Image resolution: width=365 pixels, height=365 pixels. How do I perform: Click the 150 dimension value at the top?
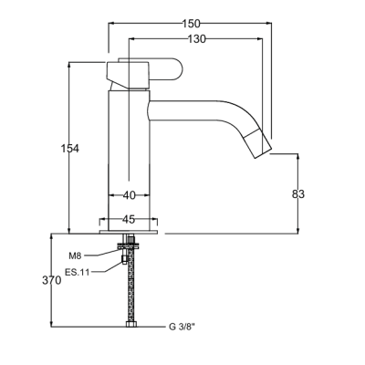192,24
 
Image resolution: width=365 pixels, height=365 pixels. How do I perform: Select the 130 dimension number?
196,39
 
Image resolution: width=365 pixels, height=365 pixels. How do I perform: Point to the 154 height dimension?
70,149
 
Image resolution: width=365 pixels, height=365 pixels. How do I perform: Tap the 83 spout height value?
298,194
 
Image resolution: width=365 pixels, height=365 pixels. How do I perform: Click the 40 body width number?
130,195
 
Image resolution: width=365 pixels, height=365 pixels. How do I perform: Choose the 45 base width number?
129,219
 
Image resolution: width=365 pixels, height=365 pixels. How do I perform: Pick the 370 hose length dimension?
52,281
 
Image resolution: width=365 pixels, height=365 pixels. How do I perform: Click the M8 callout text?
75,256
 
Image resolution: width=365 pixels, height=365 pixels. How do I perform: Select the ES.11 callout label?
78,272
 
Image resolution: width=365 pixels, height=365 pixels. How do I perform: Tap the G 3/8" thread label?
182,328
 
